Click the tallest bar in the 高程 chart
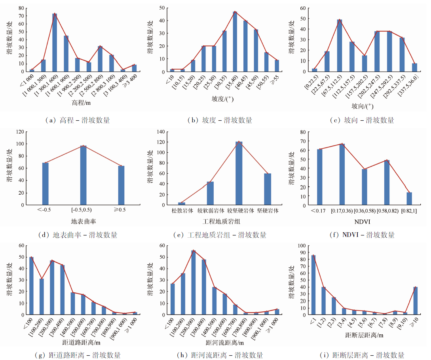(55, 43)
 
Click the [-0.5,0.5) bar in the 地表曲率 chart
(83, 175)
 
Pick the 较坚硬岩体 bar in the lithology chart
(239, 173)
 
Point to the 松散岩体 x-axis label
(182, 211)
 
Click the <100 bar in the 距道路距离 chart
(31, 286)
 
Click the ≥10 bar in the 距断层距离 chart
(415, 301)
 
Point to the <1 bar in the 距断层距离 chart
(313, 285)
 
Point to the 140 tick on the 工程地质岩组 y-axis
(161, 131)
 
